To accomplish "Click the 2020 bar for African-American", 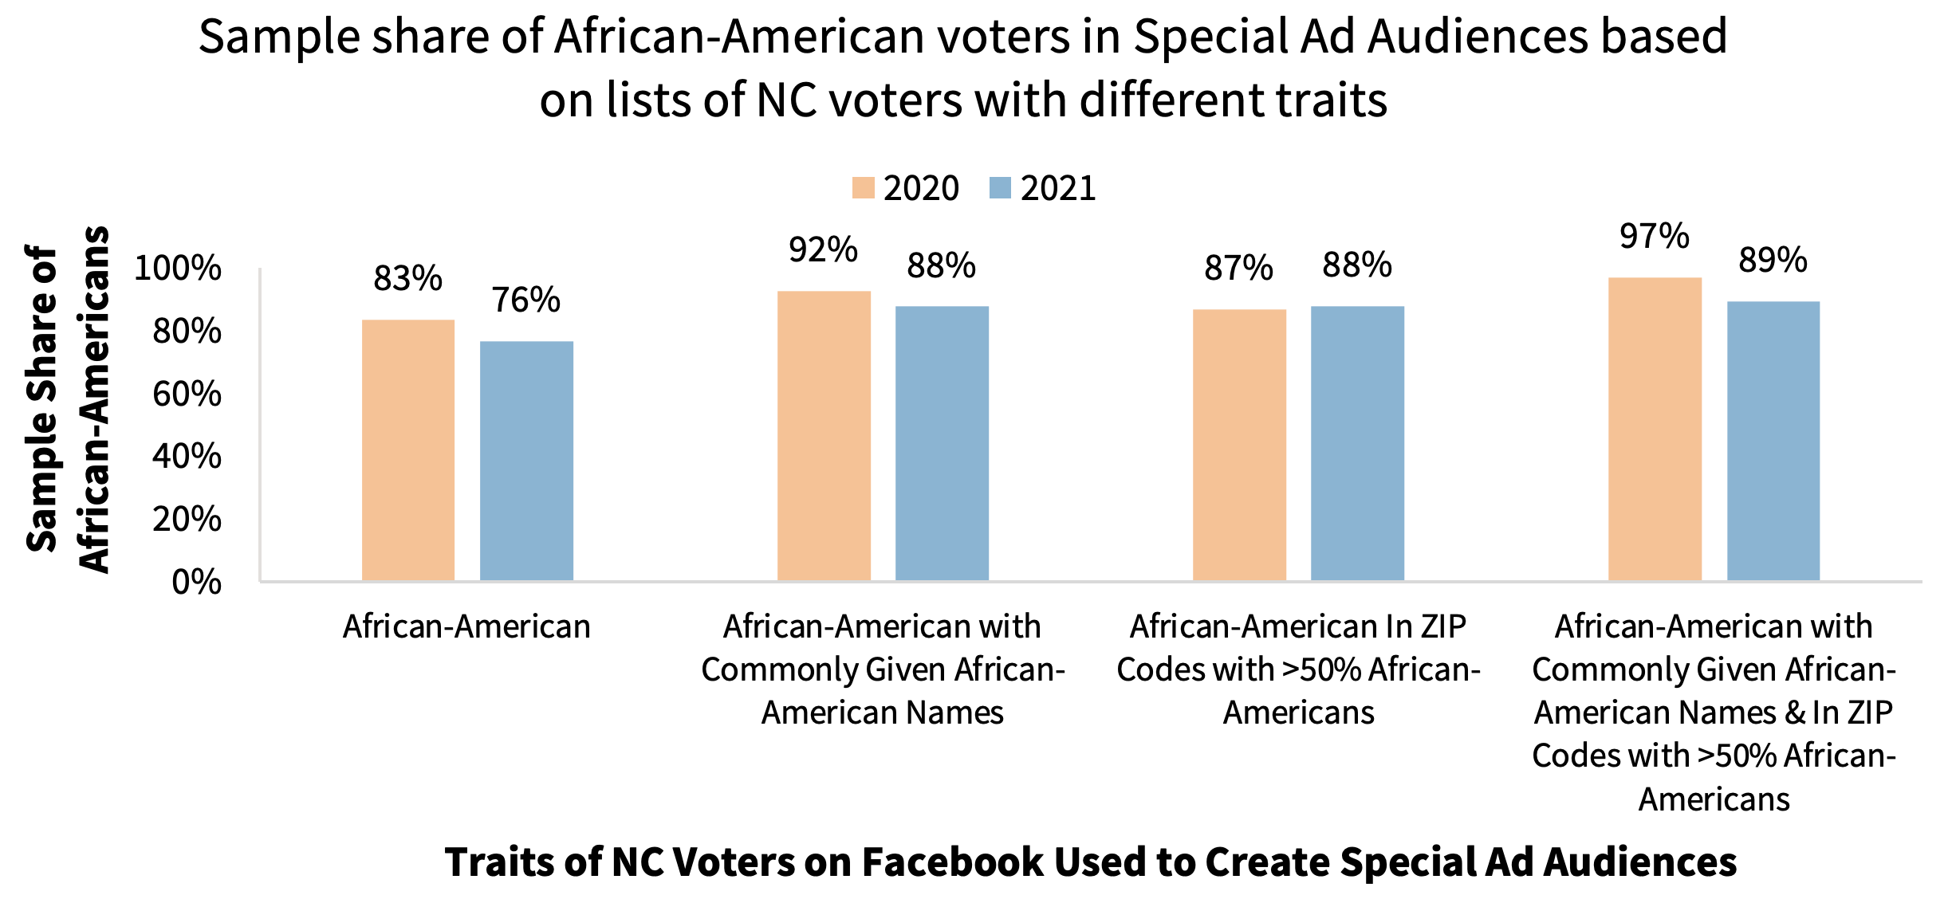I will [x=408, y=450].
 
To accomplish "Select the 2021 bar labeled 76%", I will [x=526, y=461].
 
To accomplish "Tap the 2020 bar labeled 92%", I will [x=824, y=436].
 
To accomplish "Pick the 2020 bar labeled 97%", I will [x=1655, y=429].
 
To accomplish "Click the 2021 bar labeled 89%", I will [x=1773, y=441].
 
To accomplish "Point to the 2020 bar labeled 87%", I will [x=1239, y=445].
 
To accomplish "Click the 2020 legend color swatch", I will [x=863, y=188].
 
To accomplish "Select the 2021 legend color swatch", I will [x=1000, y=188].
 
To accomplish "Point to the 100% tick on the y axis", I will [x=178, y=268].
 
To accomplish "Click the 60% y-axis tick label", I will [x=187, y=394].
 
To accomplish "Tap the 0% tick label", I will [x=196, y=583].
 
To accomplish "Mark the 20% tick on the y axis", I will [x=187, y=520].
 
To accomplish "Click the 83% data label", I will [x=407, y=278].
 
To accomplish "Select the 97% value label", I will [x=1654, y=236].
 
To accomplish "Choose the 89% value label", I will [x=1773, y=260].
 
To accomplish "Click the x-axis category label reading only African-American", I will [x=466, y=627].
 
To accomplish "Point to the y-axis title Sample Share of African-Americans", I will [x=67, y=398].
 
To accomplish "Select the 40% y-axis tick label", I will [x=187, y=457].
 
